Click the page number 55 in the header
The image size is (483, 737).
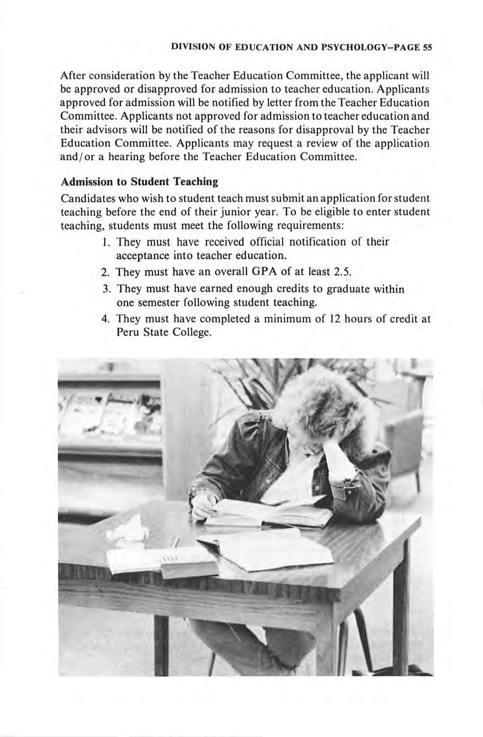point(427,47)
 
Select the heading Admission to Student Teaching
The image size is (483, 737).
point(139,182)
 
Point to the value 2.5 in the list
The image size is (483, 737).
point(342,272)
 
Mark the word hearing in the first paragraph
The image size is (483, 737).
point(135,157)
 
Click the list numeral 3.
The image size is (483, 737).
point(106,289)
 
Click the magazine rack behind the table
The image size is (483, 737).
point(110,418)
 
